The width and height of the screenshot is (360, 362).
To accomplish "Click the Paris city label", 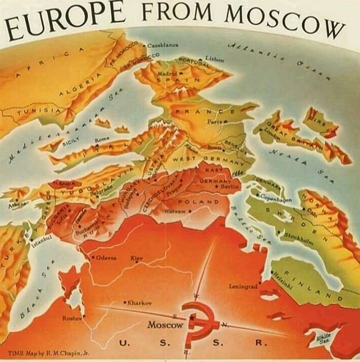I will coord(216,121).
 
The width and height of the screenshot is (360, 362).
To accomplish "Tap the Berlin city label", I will coord(229,187).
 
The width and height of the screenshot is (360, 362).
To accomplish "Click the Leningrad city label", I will coord(243,286).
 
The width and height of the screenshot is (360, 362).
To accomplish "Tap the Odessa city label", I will coord(107,257).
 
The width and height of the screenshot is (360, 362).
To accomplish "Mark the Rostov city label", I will coord(72,318).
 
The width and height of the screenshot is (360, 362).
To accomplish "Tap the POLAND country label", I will coord(198,202).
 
